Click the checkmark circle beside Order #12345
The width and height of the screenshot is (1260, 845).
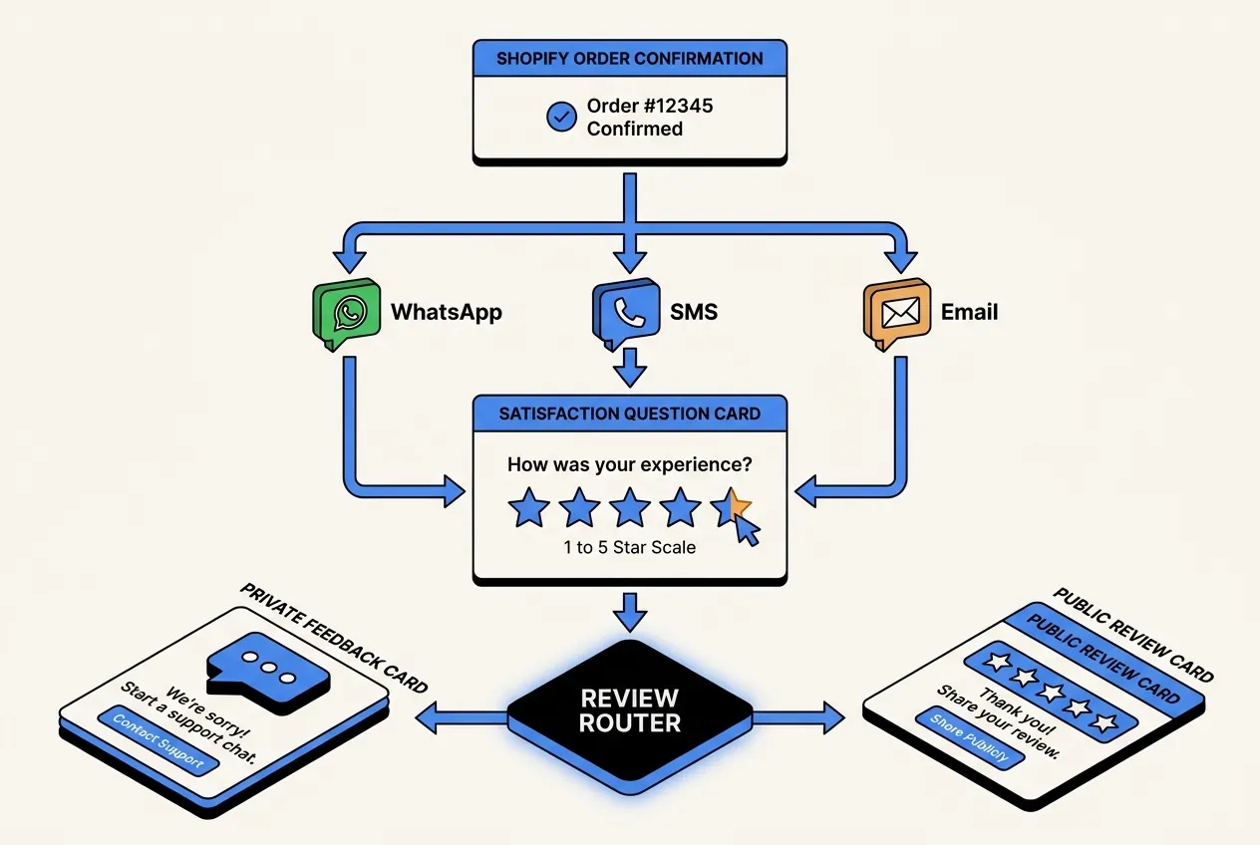point(561,117)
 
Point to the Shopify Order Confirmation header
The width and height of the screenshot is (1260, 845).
point(629,58)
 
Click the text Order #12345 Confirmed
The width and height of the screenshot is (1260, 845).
point(649,117)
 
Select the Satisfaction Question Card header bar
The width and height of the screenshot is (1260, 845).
point(629,412)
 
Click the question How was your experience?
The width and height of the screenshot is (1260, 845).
point(629,464)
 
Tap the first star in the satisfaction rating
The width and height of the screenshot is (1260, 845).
point(528,508)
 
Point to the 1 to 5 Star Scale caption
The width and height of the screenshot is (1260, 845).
point(629,547)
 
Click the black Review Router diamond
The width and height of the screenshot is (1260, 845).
point(629,710)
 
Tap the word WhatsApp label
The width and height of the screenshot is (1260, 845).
point(446,312)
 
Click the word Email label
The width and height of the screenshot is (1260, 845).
point(969,312)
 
